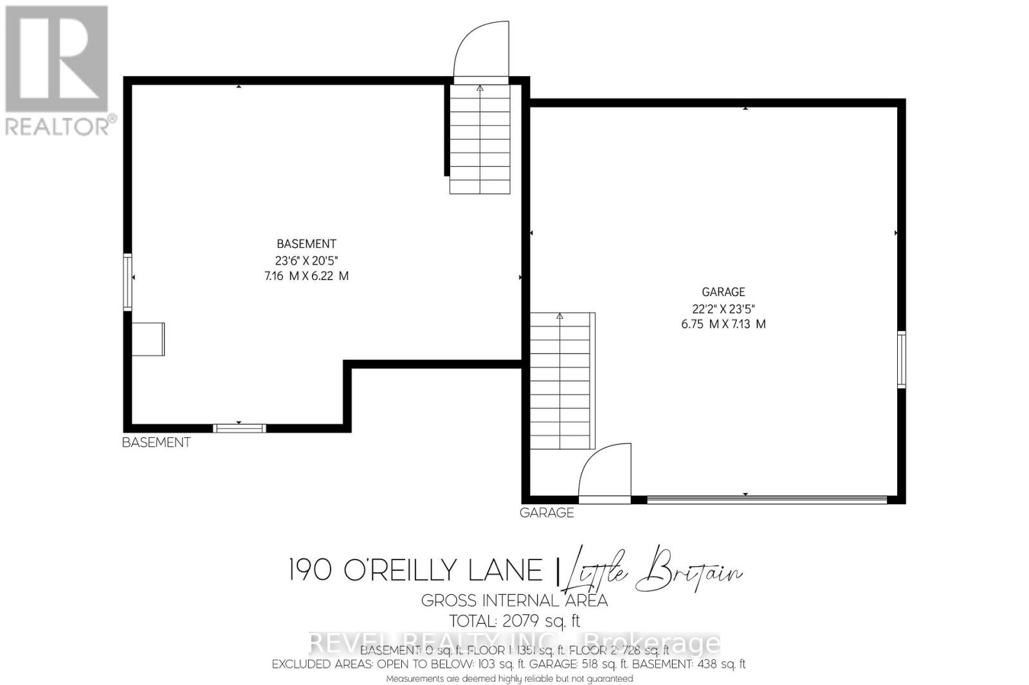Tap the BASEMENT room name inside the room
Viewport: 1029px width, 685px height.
[306, 244]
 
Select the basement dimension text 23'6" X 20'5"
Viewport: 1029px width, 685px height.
[306, 260]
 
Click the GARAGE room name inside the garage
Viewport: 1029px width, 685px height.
[723, 292]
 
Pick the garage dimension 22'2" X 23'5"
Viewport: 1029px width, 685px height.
[723, 308]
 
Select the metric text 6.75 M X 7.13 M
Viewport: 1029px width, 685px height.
[723, 324]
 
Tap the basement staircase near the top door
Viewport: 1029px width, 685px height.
[480, 138]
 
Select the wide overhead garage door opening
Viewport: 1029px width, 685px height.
[767, 499]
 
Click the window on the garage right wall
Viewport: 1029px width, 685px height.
[902, 359]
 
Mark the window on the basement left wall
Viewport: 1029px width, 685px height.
[128, 283]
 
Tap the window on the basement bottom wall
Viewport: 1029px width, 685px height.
[239, 428]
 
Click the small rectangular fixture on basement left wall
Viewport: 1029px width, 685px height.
[149, 339]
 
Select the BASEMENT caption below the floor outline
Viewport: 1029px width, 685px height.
[156, 442]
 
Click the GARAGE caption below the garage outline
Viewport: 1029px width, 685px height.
[547, 512]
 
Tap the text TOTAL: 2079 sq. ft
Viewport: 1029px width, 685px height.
[514, 621]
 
